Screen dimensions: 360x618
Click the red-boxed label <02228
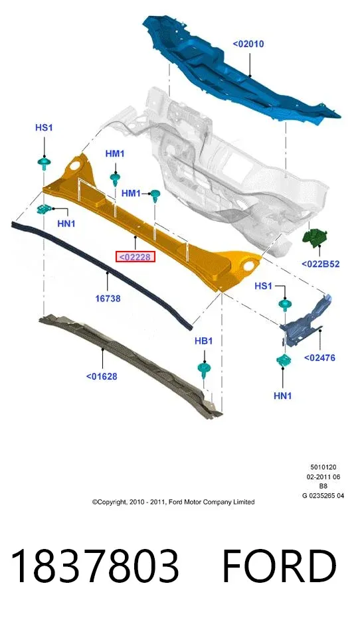[135, 257]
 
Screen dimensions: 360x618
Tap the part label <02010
[248, 44]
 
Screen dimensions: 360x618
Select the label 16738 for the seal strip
[108, 298]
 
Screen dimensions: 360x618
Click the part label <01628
[102, 376]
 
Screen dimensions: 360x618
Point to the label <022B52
[320, 264]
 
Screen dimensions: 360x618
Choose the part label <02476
[319, 358]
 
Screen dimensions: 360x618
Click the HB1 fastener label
[203, 341]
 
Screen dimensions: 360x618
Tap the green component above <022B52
[315, 237]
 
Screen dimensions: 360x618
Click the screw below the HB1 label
[204, 371]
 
